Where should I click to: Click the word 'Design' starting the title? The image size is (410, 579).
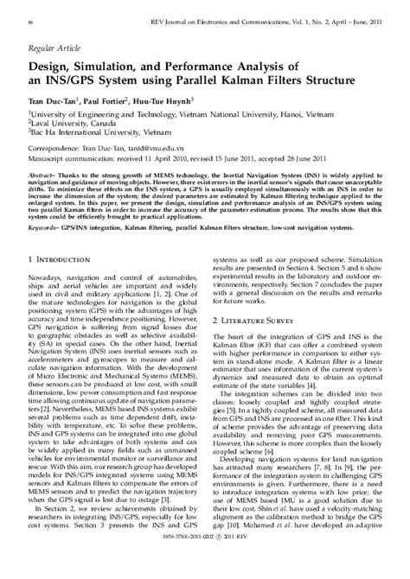(x=50, y=68)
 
